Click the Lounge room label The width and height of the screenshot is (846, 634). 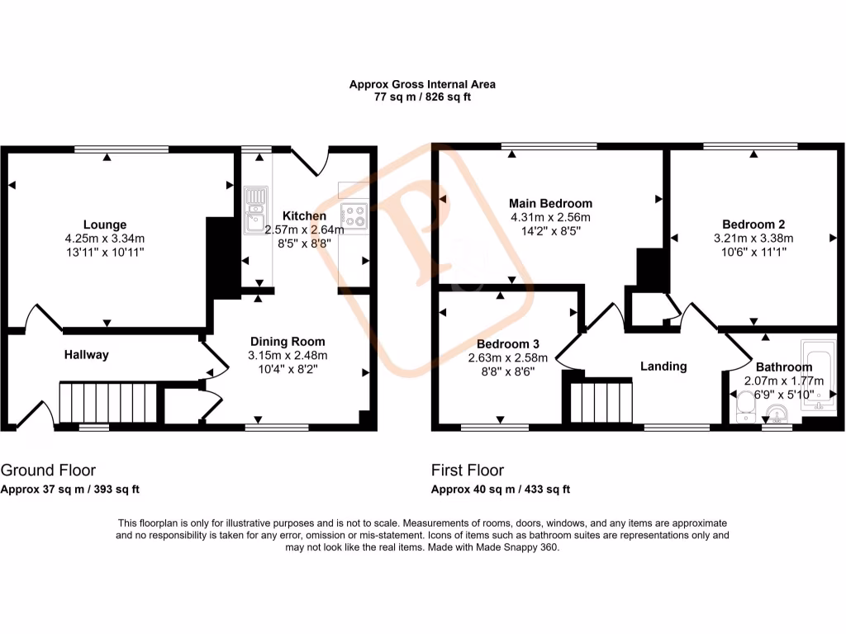(105, 225)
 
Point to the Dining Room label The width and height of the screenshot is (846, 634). (288, 341)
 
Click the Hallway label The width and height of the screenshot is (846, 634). (87, 355)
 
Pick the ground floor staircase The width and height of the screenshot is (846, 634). (108, 402)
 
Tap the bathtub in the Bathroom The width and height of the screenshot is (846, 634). (820, 376)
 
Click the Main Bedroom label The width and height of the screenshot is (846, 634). (550, 203)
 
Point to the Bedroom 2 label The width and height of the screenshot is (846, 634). (753, 224)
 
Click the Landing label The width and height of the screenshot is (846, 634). (663, 367)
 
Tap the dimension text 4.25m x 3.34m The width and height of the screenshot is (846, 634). (106, 239)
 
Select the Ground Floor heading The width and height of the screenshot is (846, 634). (48, 471)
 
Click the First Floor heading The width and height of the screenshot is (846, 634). (468, 471)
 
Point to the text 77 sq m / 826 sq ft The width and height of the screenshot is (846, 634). (422, 97)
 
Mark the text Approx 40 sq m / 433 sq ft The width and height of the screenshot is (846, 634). (501, 489)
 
